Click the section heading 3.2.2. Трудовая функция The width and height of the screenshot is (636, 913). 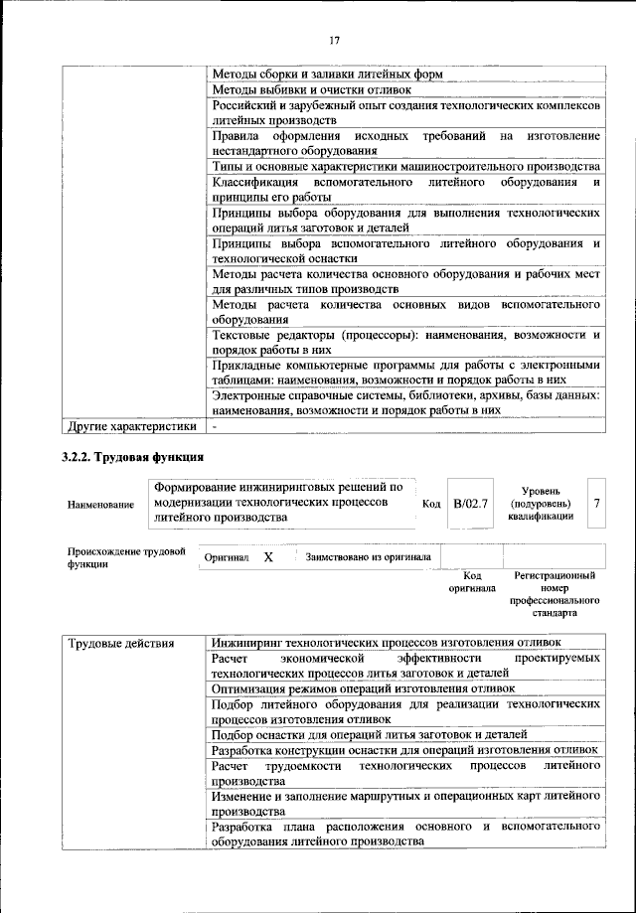pyautogui.click(x=134, y=458)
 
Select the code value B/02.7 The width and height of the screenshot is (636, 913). pyautogui.click(x=469, y=504)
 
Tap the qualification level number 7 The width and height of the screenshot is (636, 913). pyautogui.click(x=596, y=504)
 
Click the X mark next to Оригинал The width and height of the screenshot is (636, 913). pyautogui.click(x=268, y=557)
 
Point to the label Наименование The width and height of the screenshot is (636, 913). pyautogui.click(x=100, y=506)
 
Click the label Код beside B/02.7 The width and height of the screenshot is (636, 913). pyautogui.click(x=431, y=505)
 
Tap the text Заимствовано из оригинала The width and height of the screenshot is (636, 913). pyautogui.click(x=368, y=557)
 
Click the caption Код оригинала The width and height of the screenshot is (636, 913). pyautogui.click(x=472, y=581)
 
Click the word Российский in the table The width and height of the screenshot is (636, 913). pyautogui.click(x=246, y=105)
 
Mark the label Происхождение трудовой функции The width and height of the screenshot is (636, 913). pyautogui.click(x=126, y=558)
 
